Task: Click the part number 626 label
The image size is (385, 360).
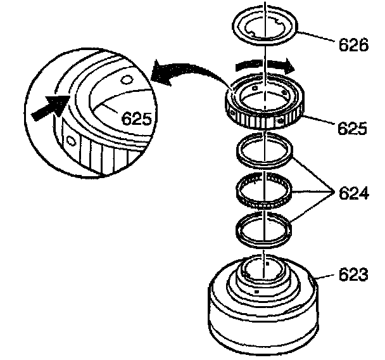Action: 353,45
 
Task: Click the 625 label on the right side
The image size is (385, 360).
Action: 352,128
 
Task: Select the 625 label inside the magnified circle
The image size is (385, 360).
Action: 137,118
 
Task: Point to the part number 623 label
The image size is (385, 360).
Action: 353,274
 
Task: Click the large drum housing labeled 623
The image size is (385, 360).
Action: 263,319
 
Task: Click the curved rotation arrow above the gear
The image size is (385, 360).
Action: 265,65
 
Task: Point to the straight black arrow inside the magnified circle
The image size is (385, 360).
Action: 50,106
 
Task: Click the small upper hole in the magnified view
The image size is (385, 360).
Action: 127,79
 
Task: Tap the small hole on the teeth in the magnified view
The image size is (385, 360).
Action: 71,141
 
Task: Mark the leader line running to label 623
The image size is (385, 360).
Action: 324,277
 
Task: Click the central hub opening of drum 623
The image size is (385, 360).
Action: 263,270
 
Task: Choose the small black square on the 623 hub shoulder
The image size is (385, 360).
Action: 257,292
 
